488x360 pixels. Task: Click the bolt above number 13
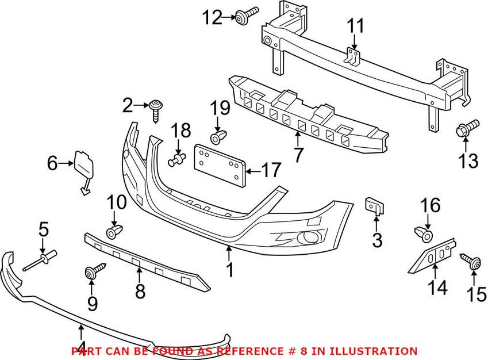[467, 128]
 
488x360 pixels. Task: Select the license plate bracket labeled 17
[221, 164]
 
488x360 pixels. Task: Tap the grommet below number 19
[217, 138]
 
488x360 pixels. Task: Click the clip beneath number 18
[177, 160]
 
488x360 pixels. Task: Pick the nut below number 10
[114, 233]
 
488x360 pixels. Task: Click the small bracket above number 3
[375, 206]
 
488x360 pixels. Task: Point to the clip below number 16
[424, 234]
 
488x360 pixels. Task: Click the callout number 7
[297, 155]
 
